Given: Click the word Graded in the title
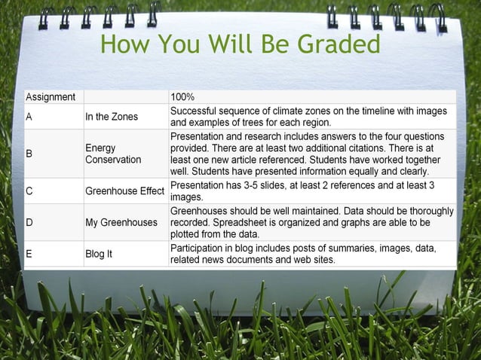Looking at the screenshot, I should click(x=339, y=44).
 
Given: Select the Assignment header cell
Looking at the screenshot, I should click(x=51, y=97).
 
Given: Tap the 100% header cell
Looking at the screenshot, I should click(x=183, y=97).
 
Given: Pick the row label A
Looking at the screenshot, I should click(x=29, y=117).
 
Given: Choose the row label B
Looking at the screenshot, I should click(x=29, y=154).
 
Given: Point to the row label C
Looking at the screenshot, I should click(x=29, y=191).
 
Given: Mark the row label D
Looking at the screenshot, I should click(x=29, y=222).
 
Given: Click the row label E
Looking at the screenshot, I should click(x=29, y=254).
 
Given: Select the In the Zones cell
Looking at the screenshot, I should click(x=111, y=117).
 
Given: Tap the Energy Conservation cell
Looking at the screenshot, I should click(x=113, y=154).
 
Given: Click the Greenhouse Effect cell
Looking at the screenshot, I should click(x=124, y=191).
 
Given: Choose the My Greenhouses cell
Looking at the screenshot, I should click(x=121, y=222).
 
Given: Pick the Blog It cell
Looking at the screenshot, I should click(x=99, y=254).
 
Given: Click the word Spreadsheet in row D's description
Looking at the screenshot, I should click(x=243, y=223).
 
